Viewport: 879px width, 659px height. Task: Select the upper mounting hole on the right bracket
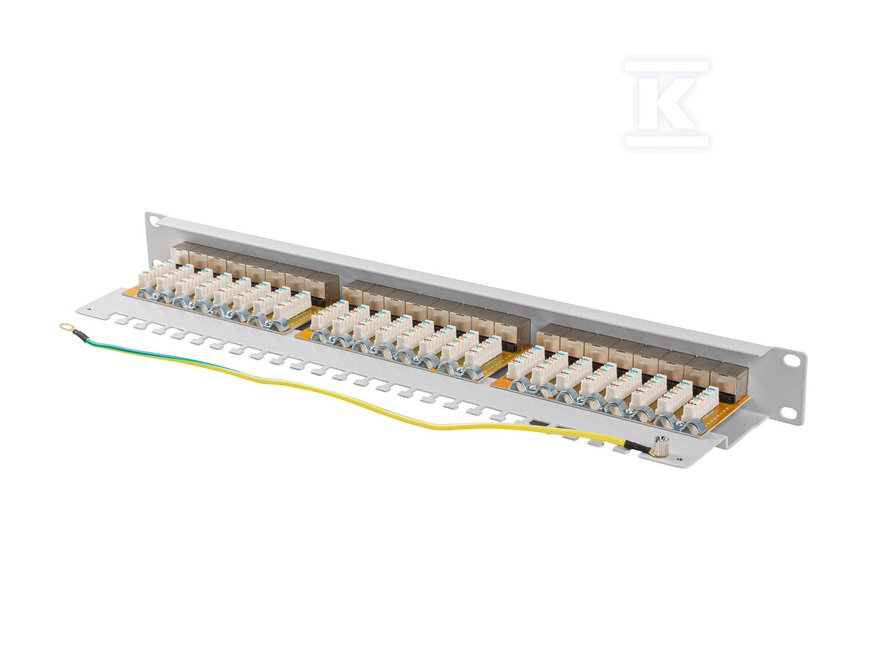click(x=792, y=361)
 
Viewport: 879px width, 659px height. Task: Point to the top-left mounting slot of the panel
click(x=151, y=219)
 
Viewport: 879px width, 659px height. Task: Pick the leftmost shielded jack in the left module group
click(x=180, y=254)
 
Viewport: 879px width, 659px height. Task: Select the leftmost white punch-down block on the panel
click(x=149, y=277)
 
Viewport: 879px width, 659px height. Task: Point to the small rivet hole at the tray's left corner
click(x=89, y=308)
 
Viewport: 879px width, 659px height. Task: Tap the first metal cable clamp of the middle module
click(x=320, y=336)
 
